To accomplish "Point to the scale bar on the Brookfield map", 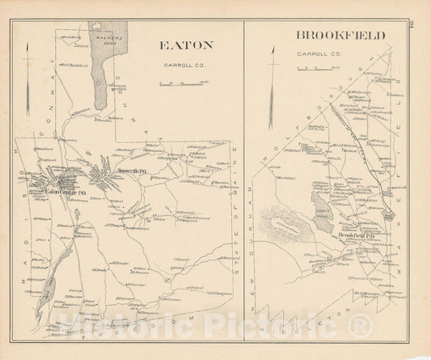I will click(310, 70).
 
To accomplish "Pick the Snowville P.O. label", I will click(131, 172).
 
